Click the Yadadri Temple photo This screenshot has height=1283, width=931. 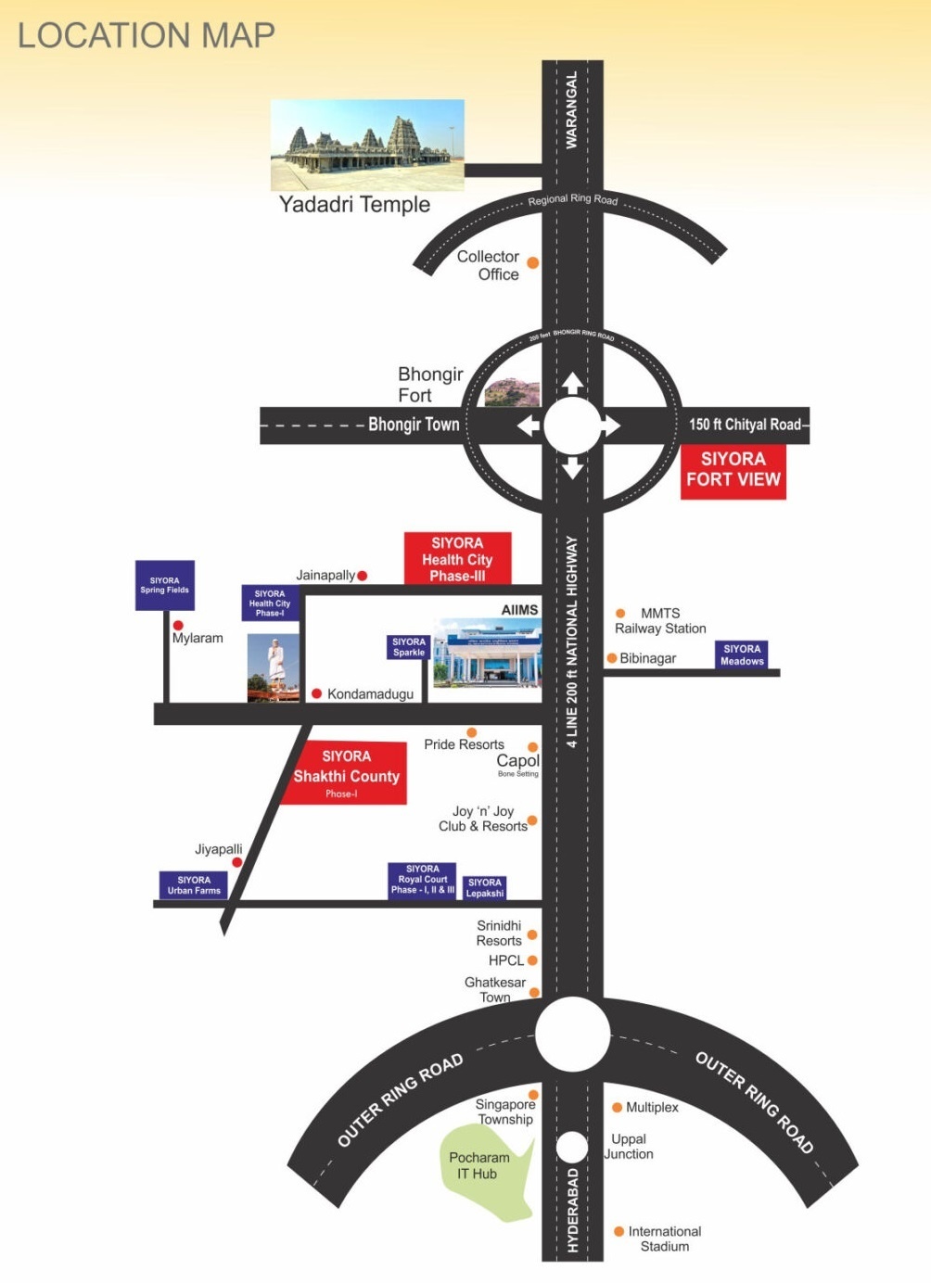(367, 145)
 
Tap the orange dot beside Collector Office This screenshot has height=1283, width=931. (533, 262)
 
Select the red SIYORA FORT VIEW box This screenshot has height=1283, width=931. (733, 470)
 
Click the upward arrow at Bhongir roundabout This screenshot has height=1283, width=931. (572, 382)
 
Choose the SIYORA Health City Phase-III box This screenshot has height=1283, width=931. (457, 559)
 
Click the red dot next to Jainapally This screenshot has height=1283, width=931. (363, 576)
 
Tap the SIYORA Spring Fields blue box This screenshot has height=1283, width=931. (165, 585)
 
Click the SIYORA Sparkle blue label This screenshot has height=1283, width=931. (409, 646)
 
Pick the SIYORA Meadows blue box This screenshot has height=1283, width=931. (742, 654)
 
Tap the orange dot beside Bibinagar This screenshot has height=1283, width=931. (612, 658)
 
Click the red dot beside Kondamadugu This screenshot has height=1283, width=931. (317, 693)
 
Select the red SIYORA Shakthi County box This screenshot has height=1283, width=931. (345, 772)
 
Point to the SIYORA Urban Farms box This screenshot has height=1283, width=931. (194, 885)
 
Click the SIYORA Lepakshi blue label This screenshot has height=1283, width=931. (485, 888)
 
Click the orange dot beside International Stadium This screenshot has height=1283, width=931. (619, 1231)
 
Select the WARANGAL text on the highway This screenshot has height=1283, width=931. (572, 109)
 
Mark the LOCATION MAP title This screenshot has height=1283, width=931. (147, 35)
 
